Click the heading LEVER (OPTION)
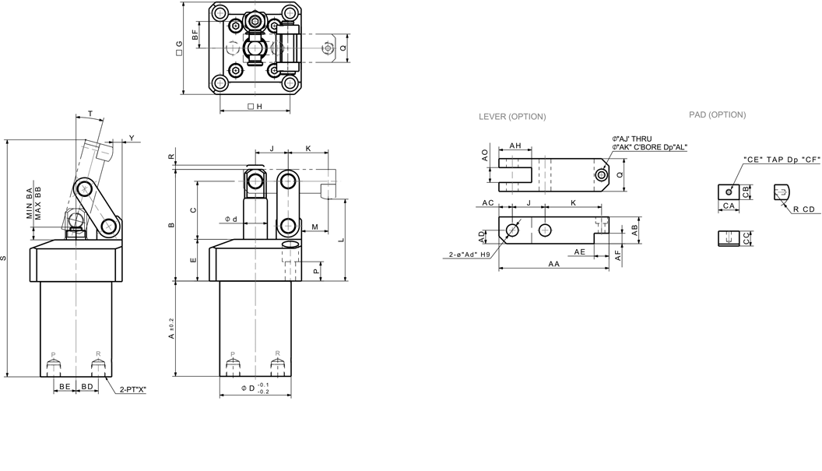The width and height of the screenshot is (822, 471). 511,117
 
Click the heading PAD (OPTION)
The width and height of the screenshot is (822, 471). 717,114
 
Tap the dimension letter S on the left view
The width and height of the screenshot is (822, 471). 6,258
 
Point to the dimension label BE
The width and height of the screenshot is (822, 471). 65,386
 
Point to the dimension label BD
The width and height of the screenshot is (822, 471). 87,386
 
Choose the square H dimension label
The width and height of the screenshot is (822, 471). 254,107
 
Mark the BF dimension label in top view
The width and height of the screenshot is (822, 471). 195,33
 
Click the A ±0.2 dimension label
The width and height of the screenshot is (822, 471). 173,326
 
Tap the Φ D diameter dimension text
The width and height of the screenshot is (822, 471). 255,388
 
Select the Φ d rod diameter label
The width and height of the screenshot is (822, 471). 231,219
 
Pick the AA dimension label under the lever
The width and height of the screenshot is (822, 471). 553,264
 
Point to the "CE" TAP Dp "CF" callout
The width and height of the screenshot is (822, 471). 779,159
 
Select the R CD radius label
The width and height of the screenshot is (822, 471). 804,209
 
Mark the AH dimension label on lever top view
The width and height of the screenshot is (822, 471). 515,146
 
